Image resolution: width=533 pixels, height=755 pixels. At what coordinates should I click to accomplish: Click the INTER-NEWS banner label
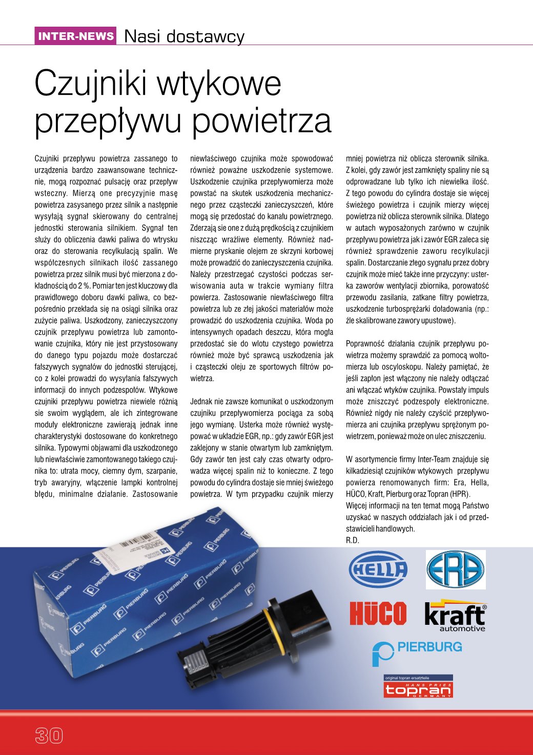pos(76,36)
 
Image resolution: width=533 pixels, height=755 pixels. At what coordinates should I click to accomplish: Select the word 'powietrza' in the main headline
pos(262,121)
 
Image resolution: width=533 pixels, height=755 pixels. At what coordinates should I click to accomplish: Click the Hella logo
pos(378,569)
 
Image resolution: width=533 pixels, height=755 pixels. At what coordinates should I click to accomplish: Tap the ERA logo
pos(455,569)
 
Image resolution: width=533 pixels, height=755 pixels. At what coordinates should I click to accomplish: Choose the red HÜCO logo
pos(378,614)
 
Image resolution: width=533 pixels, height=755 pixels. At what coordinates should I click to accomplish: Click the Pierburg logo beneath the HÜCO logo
pos(417,651)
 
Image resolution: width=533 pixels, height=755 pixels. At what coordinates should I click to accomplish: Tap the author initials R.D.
pos(353,540)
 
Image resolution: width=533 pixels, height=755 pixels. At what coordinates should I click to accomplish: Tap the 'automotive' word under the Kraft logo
pos(462,628)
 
